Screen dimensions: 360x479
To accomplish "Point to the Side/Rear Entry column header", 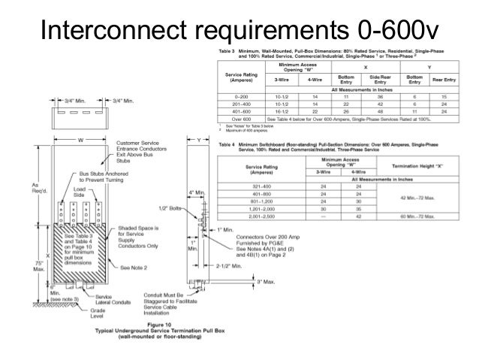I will point(381,78).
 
